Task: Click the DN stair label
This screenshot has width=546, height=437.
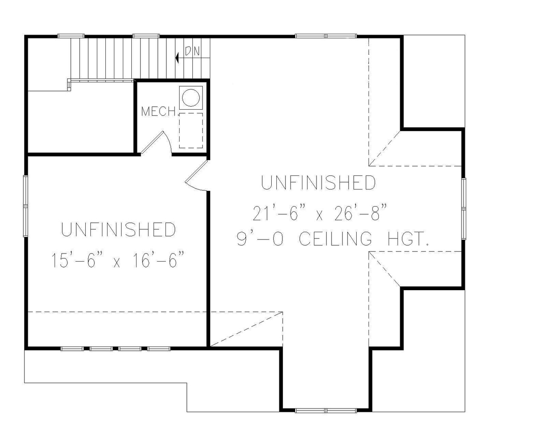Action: (192, 51)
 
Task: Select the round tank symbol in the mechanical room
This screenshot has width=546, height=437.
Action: (191, 97)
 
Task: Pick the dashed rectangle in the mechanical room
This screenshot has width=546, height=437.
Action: (191, 130)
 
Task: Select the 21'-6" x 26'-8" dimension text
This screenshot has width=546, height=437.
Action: (319, 212)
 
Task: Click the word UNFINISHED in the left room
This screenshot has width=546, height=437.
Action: (119, 230)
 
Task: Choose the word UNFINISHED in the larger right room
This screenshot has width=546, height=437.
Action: (318, 183)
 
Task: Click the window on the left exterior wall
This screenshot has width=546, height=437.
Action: (26, 206)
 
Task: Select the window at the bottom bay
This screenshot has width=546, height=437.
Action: (326, 411)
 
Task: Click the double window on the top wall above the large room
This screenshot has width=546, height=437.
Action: (326, 36)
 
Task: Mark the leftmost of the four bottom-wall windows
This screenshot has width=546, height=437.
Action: (72, 349)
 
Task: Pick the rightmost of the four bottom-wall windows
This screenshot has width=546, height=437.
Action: (159, 349)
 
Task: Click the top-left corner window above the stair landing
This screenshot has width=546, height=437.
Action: (71, 36)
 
